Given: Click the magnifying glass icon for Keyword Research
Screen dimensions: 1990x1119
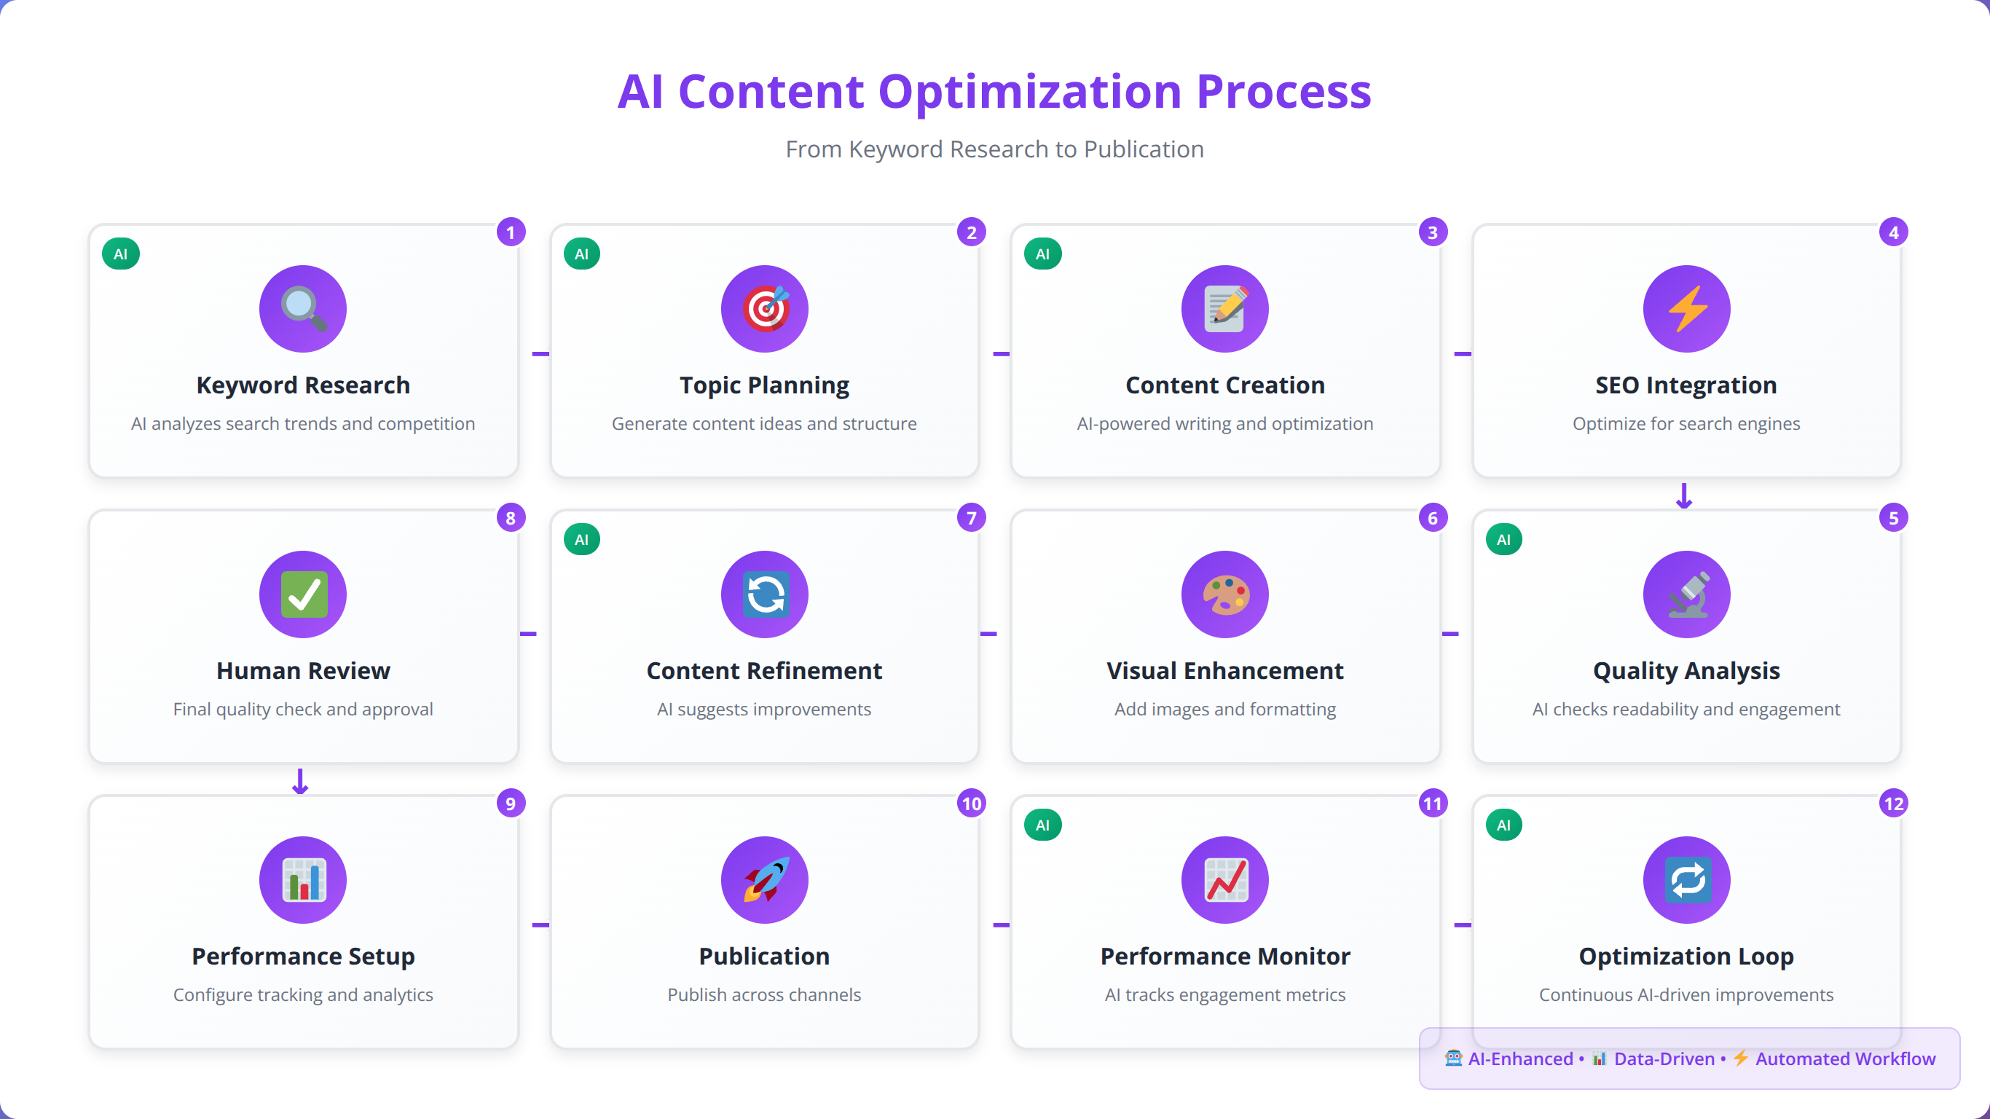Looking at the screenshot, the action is pyautogui.click(x=303, y=308).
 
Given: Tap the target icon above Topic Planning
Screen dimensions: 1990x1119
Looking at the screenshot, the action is pyautogui.click(x=765, y=308).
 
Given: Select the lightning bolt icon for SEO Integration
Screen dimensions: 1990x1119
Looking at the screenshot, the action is pyautogui.click(x=1687, y=308).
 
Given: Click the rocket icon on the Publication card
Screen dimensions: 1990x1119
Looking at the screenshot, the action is pyautogui.click(x=765, y=879).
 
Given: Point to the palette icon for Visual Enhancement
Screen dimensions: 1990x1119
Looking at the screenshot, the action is pyautogui.click(x=1225, y=594).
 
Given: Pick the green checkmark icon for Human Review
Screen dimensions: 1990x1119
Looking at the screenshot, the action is pyautogui.click(x=303, y=594).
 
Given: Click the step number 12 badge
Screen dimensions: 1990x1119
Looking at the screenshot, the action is pyautogui.click(x=1893, y=804).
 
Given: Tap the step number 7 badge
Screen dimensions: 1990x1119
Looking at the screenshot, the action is pyautogui.click(x=971, y=518).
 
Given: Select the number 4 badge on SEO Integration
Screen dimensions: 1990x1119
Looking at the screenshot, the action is pyautogui.click(x=1893, y=232).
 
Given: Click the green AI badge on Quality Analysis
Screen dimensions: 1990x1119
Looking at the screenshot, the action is pyautogui.click(x=1503, y=539).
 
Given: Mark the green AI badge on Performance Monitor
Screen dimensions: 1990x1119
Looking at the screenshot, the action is pyautogui.click(x=1042, y=825).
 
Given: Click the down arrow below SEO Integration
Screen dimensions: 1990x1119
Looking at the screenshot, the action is pyautogui.click(x=1684, y=495).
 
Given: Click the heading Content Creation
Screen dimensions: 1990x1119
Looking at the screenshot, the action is pyautogui.click(x=1225, y=385).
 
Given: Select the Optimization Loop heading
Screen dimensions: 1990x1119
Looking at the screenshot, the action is pyautogui.click(x=1686, y=957).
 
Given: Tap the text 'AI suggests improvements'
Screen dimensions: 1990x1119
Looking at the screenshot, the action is pyautogui.click(x=764, y=710).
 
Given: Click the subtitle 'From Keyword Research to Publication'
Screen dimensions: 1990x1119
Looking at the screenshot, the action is pyautogui.click(x=995, y=149).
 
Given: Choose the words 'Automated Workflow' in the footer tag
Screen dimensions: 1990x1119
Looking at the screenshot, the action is pyautogui.click(x=1846, y=1059).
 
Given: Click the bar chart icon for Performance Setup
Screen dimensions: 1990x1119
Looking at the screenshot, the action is pyautogui.click(x=303, y=879).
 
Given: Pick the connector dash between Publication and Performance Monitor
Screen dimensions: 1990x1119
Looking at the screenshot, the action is pyautogui.click(x=1001, y=925).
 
